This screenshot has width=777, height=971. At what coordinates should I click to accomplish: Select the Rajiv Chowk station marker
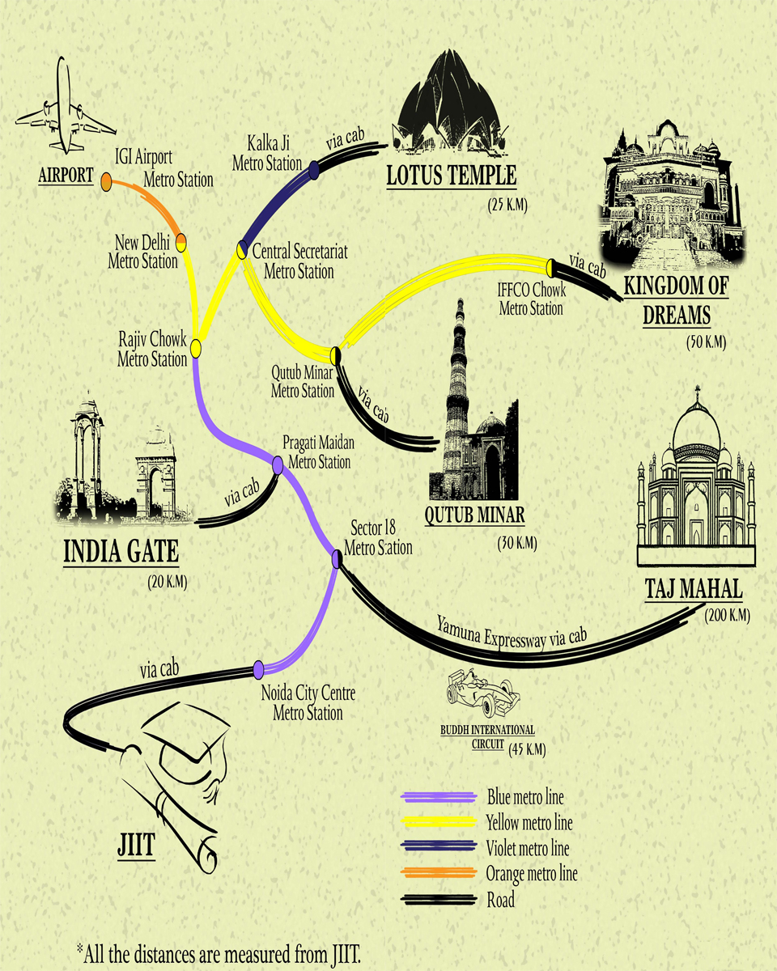click(195, 348)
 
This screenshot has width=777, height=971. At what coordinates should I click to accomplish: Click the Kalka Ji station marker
click(315, 167)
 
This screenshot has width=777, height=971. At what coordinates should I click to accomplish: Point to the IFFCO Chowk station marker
click(550, 267)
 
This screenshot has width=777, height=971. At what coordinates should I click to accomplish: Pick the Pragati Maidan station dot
click(278, 465)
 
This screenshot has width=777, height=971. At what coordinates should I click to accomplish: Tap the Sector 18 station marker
click(338, 557)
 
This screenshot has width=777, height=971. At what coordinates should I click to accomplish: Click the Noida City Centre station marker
click(258, 669)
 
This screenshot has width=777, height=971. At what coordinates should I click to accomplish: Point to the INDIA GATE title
click(121, 552)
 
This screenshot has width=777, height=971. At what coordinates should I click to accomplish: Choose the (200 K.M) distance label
click(727, 616)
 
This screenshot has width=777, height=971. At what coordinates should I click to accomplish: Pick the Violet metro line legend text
click(527, 849)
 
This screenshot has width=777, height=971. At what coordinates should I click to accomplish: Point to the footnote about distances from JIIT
click(226, 948)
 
